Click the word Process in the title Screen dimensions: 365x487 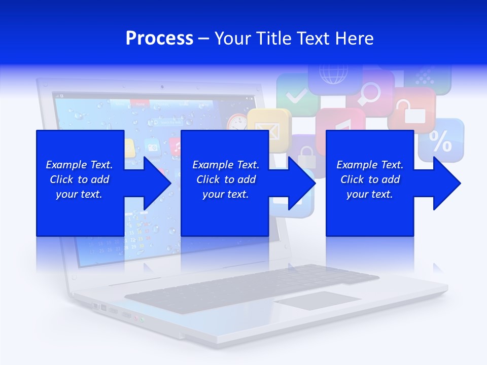point(159,39)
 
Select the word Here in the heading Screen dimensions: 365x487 point(354,39)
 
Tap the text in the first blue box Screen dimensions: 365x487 point(79,179)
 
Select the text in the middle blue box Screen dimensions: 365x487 point(226,179)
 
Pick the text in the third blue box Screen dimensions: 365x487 point(370,179)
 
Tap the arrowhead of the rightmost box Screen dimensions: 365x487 point(447,183)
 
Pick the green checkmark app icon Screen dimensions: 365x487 point(296,94)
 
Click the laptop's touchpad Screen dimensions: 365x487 point(318,301)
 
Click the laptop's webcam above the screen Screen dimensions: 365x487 point(162,87)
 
